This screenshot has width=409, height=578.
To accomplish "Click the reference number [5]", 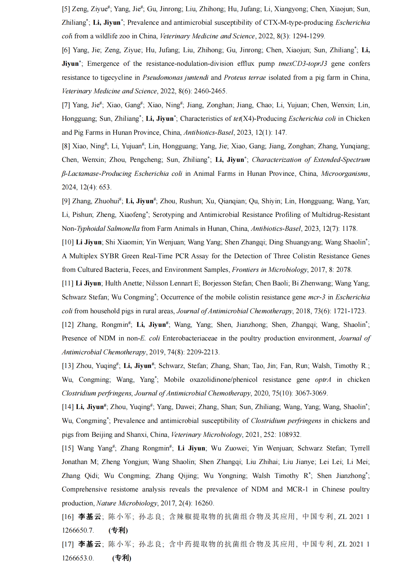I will (x=66, y=9).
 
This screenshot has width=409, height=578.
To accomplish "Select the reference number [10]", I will (x=68, y=242).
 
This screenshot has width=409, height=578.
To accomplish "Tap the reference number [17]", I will (x=68, y=544).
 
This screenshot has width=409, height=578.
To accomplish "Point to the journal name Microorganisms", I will (x=344, y=174).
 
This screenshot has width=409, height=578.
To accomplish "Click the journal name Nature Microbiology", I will (x=127, y=503).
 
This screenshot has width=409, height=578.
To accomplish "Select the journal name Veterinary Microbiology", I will (x=207, y=435).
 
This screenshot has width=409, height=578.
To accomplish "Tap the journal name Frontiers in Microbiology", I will (x=270, y=270).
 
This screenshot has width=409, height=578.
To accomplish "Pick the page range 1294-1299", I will (x=308, y=36).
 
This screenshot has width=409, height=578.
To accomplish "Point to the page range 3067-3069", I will (x=311, y=393).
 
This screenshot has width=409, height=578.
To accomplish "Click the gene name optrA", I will (x=323, y=380).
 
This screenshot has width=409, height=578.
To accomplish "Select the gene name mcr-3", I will (x=317, y=297).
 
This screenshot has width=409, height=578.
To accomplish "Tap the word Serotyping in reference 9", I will (x=168, y=215).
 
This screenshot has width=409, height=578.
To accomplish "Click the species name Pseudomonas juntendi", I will (x=175, y=78).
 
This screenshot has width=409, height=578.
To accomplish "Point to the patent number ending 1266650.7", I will (x=78, y=530).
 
